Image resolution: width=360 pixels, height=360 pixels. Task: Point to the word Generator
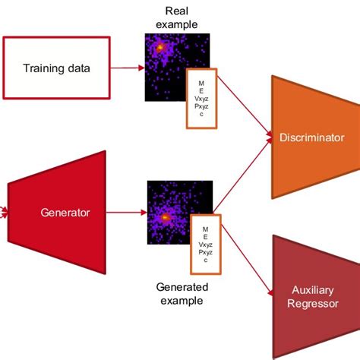point(65,213)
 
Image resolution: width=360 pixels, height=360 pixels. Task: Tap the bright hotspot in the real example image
point(160,48)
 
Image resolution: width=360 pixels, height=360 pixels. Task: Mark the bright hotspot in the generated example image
point(163,218)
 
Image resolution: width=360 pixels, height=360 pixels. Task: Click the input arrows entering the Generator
point(5,213)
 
